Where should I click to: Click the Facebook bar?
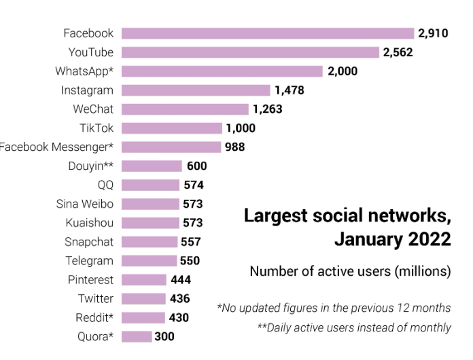pyautogui.click(x=268, y=33)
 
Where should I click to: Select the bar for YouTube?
pyautogui.click(x=250, y=52)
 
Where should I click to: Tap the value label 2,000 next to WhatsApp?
pyautogui.click(x=342, y=71)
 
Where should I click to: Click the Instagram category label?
pyautogui.click(x=87, y=90)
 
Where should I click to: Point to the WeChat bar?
pyautogui.click(x=185, y=109)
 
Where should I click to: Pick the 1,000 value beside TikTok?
pyautogui.click(x=240, y=128)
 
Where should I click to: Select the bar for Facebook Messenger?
pyautogui.click(x=171, y=147)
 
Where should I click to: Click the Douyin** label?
pyautogui.click(x=90, y=166)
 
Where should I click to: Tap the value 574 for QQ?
pyautogui.click(x=193, y=185)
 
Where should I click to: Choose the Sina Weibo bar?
pyautogui.click(x=151, y=204)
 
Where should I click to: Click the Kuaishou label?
pyautogui.click(x=89, y=223)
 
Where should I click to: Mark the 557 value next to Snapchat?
pyautogui.click(x=191, y=242)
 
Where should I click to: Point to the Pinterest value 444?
pyautogui.click(x=181, y=280)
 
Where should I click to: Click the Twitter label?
pyautogui.click(x=95, y=299)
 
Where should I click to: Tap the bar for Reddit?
pyautogui.click(x=143, y=318)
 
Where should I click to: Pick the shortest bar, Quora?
pyautogui.click(x=137, y=336)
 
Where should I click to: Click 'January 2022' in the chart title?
pyautogui.click(x=392, y=240)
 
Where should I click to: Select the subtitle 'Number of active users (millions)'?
pyautogui.click(x=349, y=272)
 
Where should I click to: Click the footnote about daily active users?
pyautogui.click(x=353, y=327)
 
